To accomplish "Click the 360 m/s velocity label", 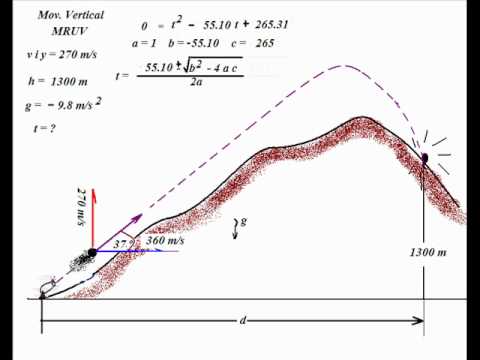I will (x=165, y=241).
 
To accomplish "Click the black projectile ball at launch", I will (x=93, y=251).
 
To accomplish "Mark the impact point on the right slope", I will (x=425, y=157).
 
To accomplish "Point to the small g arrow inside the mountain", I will (x=237, y=224).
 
